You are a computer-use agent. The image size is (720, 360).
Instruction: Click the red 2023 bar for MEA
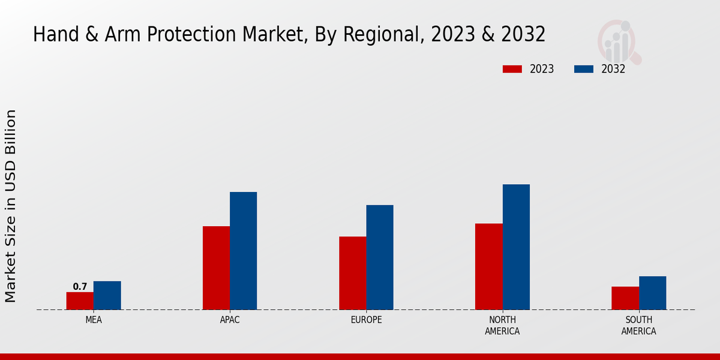[x=80, y=301]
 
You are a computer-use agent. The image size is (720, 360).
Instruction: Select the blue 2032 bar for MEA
[x=107, y=295]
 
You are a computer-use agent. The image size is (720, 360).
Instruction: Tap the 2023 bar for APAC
[x=216, y=268]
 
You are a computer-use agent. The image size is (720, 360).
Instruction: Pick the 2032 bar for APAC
[x=243, y=251]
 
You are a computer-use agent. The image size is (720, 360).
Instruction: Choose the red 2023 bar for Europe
[x=352, y=273]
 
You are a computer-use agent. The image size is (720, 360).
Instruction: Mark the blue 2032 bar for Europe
[x=380, y=257]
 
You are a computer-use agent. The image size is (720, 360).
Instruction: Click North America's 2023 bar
[x=488, y=266]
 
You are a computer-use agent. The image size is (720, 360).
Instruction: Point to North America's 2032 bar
[x=516, y=247]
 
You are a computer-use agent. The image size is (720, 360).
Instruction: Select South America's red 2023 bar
[x=625, y=298]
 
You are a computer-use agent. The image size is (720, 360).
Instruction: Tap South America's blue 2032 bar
[x=652, y=293]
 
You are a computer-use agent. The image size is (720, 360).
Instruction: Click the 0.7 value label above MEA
[x=80, y=287]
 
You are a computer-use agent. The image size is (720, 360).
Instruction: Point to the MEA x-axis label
[x=94, y=320]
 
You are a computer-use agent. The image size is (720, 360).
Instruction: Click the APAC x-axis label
[x=230, y=320]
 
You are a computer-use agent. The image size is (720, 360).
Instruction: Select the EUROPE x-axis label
[x=366, y=320]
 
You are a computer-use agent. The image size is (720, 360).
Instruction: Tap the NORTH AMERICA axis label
[x=502, y=325]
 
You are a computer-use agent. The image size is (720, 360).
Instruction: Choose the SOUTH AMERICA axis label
[x=638, y=325]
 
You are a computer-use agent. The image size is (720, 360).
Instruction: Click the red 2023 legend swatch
[x=512, y=69]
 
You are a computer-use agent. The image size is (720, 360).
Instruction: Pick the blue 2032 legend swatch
[x=583, y=69]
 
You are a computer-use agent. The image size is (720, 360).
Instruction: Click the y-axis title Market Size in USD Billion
[x=11, y=206]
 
